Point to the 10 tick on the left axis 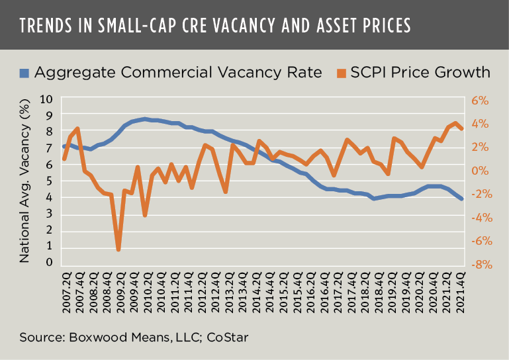coord(46,100)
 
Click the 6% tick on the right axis coord(479,101)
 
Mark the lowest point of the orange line coord(118,249)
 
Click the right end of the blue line coord(461,199)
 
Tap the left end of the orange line coord(64,159)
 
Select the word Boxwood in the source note coord(93,337)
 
